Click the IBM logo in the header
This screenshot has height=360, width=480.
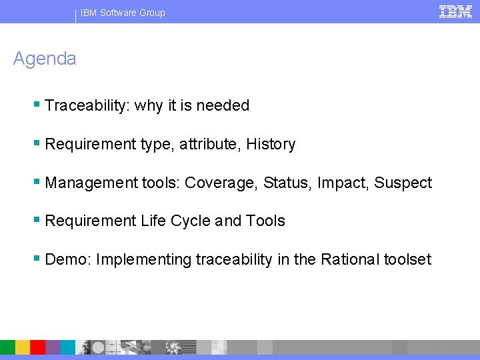click(455, 11)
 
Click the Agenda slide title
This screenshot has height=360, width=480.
click(45, 59)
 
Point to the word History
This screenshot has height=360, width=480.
click(271, 144)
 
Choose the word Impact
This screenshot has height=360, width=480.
click(341, 183)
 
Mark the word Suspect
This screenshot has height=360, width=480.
click(403, 183)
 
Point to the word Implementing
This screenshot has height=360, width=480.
click(143, 259)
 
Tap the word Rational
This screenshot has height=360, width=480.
click(350, 259)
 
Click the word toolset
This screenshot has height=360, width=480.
click(408, 259)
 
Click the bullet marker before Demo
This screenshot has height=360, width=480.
click(37, 259)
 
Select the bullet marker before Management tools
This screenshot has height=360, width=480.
click(37, 182)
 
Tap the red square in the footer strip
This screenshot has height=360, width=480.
click(37, 347)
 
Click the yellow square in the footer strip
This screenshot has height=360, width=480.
click(23, 347)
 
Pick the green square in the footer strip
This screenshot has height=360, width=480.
click(7, 347)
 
